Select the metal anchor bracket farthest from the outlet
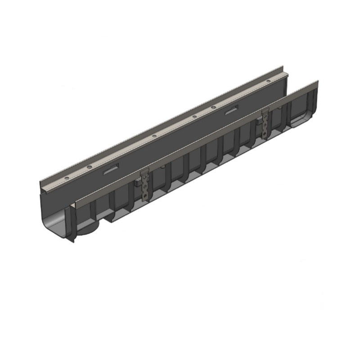pyautogui.click(x=265, y=123)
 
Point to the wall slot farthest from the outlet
pyautogui.click(x=232, y=110)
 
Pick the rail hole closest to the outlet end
pyautogui.click(x=67, y=179)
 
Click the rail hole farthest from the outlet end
pyautogui.click(x=270, y=81)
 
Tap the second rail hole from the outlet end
pyautogui.click(x=89, y=167)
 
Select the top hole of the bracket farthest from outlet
pyautogui.click(x=265, y=117)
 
